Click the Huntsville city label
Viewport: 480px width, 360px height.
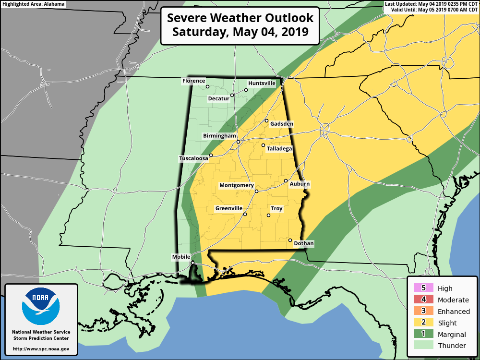[262, 83]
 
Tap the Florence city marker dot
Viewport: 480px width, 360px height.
[208, 87]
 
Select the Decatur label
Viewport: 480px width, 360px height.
[218, 99]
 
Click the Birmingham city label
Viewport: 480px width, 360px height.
[219, 136]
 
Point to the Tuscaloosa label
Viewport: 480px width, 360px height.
[193, 158]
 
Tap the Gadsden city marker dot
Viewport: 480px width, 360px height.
[267, 121]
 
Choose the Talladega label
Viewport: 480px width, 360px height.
[279, 149]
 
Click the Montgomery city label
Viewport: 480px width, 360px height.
[237, 185]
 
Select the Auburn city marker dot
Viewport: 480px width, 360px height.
[286, 181]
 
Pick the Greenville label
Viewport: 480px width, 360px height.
[228, 209]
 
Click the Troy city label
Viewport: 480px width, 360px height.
[276, 209]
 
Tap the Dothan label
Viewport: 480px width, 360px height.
[303, 244]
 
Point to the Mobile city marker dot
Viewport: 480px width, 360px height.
[192, 263]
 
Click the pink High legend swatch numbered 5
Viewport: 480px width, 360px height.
[423, 288]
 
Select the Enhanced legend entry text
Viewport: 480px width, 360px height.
[454, 312]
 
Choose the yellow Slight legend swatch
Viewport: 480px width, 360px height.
[423, 323]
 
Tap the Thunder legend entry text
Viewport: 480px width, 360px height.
[452, 346]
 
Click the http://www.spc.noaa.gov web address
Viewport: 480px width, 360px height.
[41, 349]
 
